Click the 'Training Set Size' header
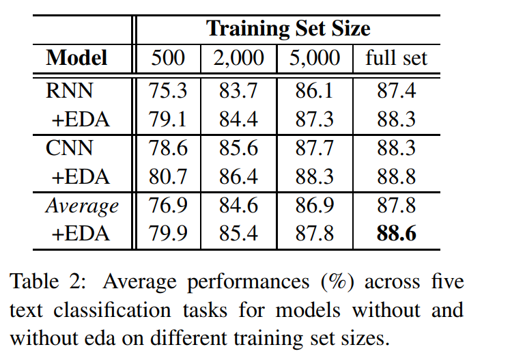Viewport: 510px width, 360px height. pyautogui.click(x=288, y=29)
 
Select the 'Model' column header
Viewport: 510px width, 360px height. pyautogui.click(x=76, y=58)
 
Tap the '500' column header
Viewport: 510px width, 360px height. pyautogui.click(x=167, y=58)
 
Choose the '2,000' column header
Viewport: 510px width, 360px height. pyautogui.click(x=238, y=58)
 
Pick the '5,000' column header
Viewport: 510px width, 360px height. pyautogui.click(x=314, y=58)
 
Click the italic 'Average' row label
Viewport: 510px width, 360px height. pyautogui.click(x=82, y=206)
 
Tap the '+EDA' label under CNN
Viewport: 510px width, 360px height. pyautogui.click(x=80, y=176)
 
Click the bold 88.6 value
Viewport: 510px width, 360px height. pyautogui.click(x=397, y=234)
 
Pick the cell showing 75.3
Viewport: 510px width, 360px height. pyautogui.click(x=168, y=89)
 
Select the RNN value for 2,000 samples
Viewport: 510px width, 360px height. pyautogui.click(x=238, y=89)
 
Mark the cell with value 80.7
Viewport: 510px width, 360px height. pyautogui.click(x=168, y=176)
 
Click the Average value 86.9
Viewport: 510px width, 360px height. pyautogui.click(x=314, y=206)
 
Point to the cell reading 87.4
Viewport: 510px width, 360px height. pyautogui.click(x=397, y=89)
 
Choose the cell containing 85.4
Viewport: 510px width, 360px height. pyautogui.click(x=238, y=234)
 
